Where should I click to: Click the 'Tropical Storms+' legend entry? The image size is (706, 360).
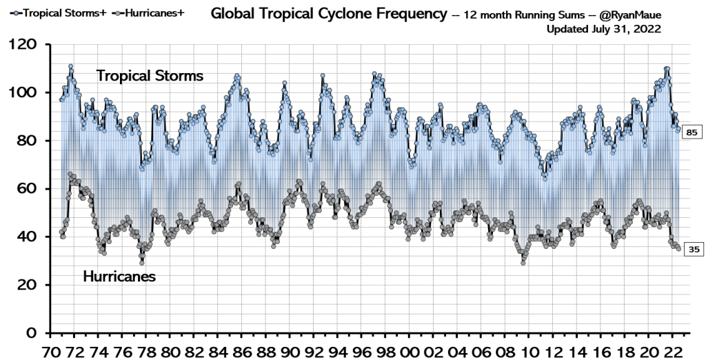coord(50,12)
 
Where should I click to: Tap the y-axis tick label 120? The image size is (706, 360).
coord(23,46)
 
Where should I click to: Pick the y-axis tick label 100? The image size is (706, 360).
coord(23,93)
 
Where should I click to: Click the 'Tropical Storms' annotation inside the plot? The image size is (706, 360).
coord(150,76)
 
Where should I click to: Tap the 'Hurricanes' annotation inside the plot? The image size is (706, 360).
coord(119,277)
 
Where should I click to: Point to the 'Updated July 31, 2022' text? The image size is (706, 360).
coord(604,29)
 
